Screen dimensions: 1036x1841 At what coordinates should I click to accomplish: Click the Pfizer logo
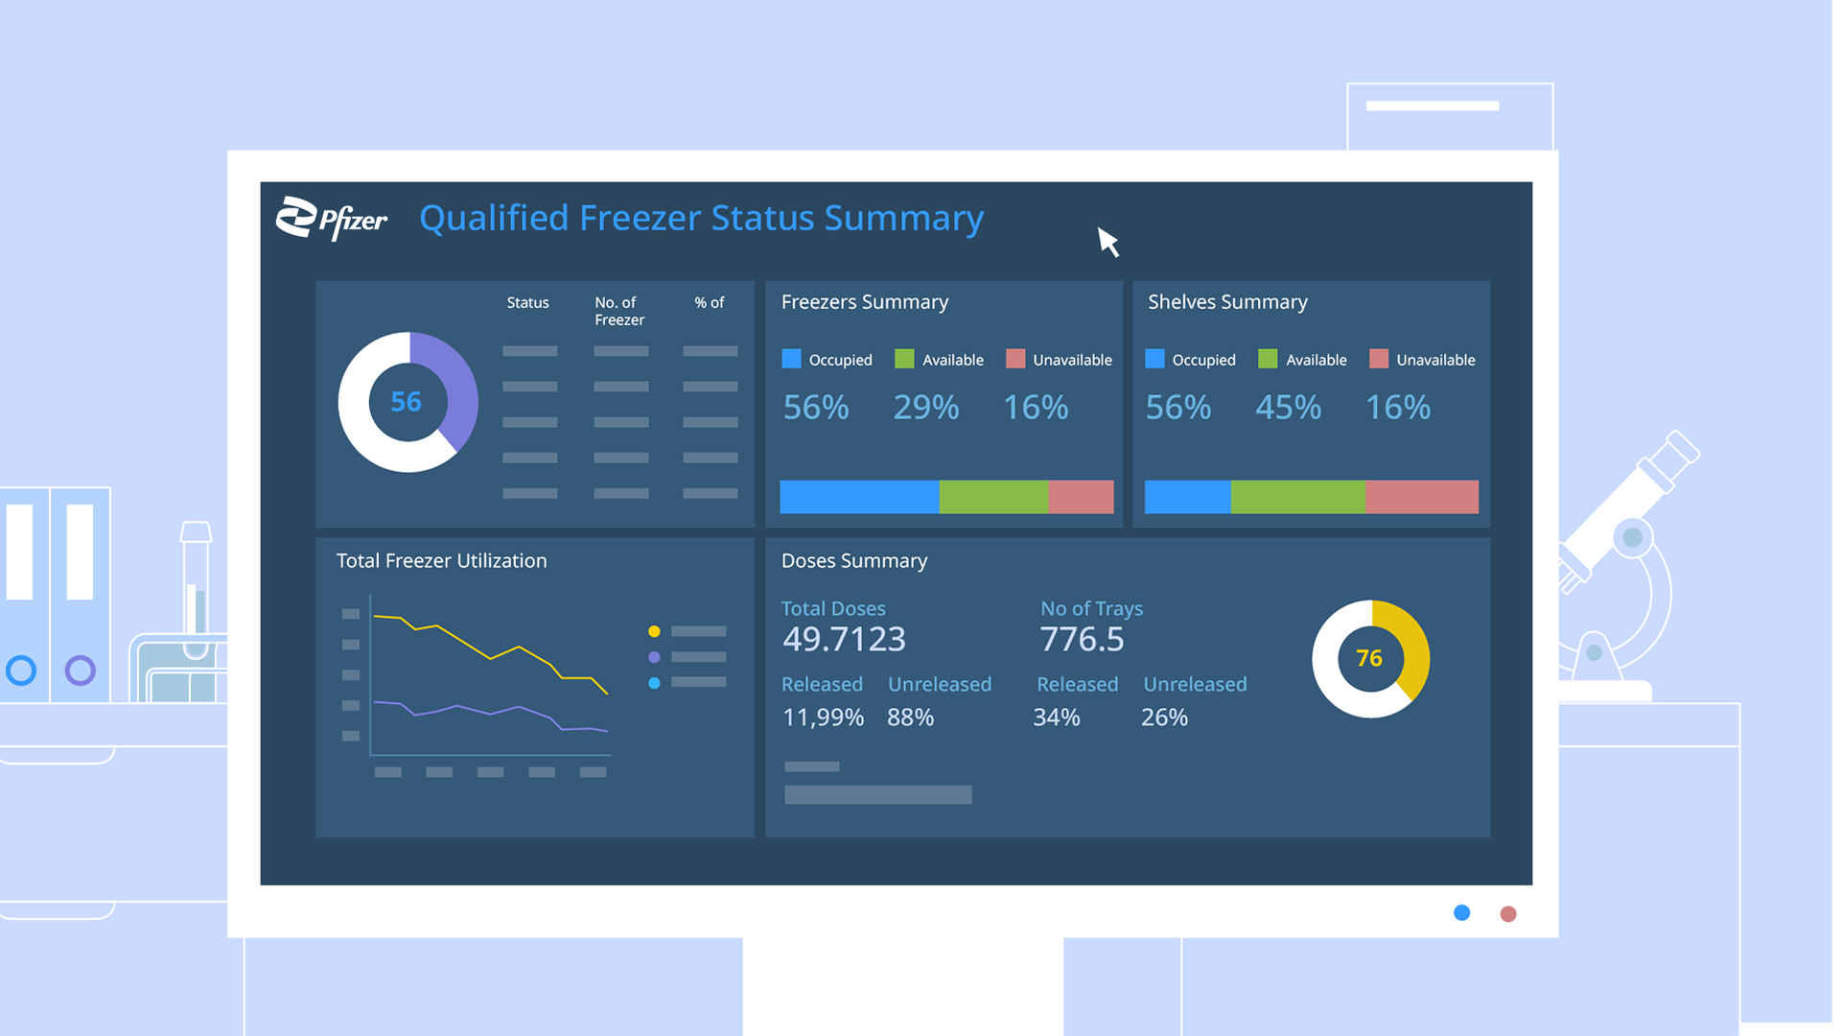pyautogui.click(x=332, y=219)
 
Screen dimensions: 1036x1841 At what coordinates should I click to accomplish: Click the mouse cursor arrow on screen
pyautogui.click(x=1107, y=242)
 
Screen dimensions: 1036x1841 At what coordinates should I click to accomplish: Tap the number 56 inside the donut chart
pyautogui.click(x=407, y=402)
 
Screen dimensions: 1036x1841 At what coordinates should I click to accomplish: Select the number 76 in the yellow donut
pyautogui.click(x=1369, y=658)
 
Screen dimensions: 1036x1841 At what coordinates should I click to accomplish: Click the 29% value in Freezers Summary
pyautogui.click(x=925, y=408)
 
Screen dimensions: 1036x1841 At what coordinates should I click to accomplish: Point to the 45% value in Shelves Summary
pyautogui.click(x=1288, y=408)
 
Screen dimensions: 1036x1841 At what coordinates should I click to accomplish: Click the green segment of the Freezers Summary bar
pyautogui.click(x=993, y=497)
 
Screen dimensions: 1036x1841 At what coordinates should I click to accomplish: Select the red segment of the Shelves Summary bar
pyautogui.click(x=1421, y=497)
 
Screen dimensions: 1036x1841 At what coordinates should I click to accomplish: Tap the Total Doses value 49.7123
pyautogui.click(x=844, y=639)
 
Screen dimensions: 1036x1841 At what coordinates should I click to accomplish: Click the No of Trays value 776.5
pyautogui.click(x=1082, y=639)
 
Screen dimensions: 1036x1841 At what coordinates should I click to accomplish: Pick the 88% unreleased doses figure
pyautogui.click(x=910, y=718)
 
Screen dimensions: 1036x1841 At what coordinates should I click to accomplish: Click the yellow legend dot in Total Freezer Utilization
pyautogui.click(x=654, y=631)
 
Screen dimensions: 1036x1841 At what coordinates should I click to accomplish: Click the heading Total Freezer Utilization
pyautogui.click(x=441, y=561)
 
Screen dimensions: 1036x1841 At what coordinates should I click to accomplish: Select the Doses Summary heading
pyautogui.click(x=853, y=561)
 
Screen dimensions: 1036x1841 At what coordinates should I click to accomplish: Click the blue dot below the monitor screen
pyautogui.click(x=1461, y=913)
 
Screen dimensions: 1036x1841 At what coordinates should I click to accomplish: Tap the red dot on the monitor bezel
pyautogui.click(x=1508, y=914)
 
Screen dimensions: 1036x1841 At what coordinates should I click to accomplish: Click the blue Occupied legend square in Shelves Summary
pyautogui.click(x=1154, y=359)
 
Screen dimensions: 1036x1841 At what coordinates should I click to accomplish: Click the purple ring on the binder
pyautogui.click(x=81, y=670)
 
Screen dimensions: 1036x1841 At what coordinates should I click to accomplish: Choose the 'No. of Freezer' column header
pyautogui.click(x=618, y=311)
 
